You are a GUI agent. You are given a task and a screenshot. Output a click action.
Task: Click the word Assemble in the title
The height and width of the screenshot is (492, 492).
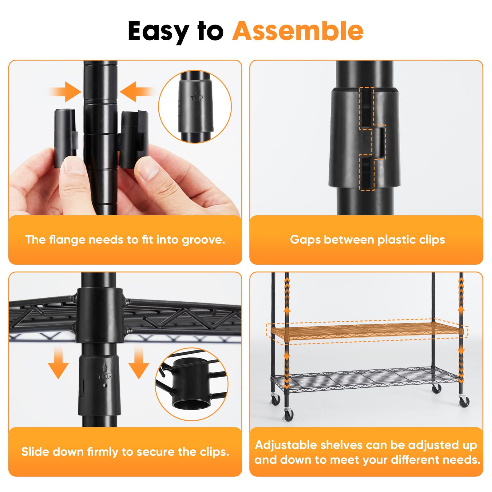(x=298, y=31)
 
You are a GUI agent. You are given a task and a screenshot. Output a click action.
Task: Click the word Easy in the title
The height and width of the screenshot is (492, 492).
(x=158, y=31)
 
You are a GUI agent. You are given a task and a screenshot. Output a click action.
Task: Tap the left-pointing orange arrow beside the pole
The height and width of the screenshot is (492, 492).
(x=137, y=92)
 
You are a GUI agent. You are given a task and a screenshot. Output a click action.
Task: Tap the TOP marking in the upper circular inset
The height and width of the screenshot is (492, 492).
(x=197, y=98)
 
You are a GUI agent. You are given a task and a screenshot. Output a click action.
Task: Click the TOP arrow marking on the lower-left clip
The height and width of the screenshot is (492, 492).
(x=105, y=372)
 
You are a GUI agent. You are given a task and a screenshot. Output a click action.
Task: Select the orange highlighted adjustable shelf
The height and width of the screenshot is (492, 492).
(x=366, y=331)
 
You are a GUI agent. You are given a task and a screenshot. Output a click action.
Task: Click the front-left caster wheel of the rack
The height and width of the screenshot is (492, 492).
(x=288, y=415)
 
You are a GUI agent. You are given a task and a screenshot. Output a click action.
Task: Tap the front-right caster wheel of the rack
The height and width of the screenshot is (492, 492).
(x=464, y=401)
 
